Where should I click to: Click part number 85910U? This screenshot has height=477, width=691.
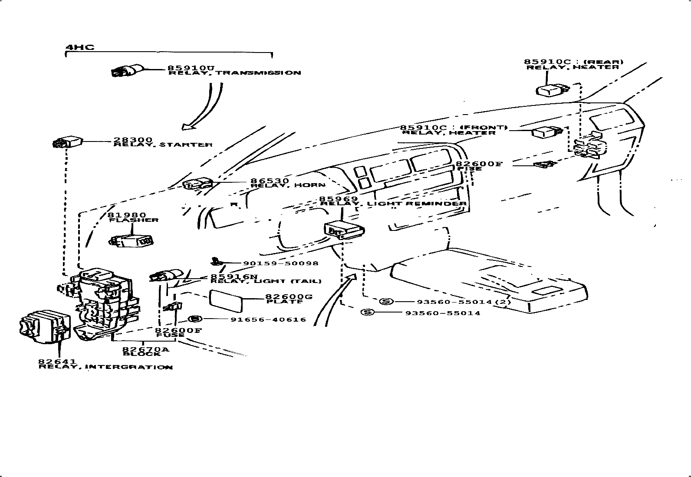click(191, 68)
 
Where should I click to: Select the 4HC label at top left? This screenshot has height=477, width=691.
click(80, 47)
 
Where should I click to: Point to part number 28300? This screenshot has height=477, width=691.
click(133, 140)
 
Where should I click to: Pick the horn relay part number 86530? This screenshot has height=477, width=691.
click(270, 181)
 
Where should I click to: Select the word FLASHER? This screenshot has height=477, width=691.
click(133, 220)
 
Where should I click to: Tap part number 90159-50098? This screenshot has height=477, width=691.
click(280, 263)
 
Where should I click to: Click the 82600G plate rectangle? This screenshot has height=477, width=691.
click(226, 301)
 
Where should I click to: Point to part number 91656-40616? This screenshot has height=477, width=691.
click(268, 319)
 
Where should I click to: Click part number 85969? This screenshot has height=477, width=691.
click(339, 199)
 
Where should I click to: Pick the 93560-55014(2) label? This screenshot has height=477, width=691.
click(464, 302)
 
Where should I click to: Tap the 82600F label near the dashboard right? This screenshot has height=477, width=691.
click(479, 164)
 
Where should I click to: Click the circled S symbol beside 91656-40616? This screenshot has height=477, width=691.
click(196, 319)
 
